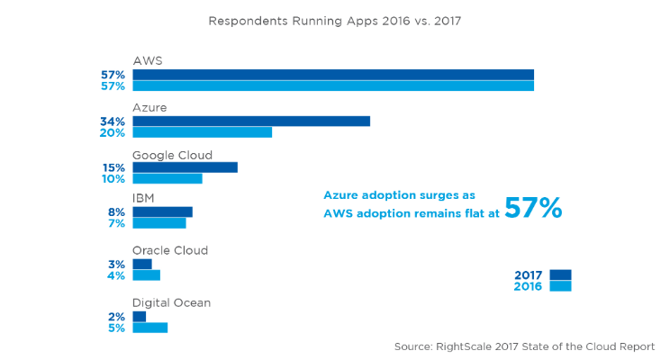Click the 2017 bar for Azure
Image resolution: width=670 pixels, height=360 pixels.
click(x=251, y=121)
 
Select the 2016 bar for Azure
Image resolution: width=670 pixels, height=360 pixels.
click(x=202, y=132)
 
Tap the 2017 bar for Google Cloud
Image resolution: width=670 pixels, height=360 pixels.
click(x=185, y=167)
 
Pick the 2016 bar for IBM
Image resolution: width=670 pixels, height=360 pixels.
click(x=158, y=223)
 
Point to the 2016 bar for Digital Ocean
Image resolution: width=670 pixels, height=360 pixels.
click(x=149, y=328)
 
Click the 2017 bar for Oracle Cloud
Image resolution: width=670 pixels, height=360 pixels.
click(x=142, y=264)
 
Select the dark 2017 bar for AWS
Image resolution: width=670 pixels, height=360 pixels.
click(x=333, y=75)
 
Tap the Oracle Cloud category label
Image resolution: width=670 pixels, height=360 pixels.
click(x=170, y=250)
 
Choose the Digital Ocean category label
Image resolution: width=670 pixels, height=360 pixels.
click(x=171, y=302)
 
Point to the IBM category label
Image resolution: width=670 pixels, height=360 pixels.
click(x=145, y=199)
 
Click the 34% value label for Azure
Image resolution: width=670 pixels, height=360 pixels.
click(x=113, y=121)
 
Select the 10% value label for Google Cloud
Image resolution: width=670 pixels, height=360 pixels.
click(x=113, y=179)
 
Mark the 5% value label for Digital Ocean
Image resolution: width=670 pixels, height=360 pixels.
click(x=116, y=328)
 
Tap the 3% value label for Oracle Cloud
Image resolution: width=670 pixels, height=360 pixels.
click(x=116, y=264)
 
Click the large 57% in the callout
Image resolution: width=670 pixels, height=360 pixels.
click(x=533, y=209)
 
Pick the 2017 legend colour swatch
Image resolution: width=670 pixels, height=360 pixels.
click(x=560, y=275)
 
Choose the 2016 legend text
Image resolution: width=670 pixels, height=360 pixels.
click(x=529, y=287)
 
